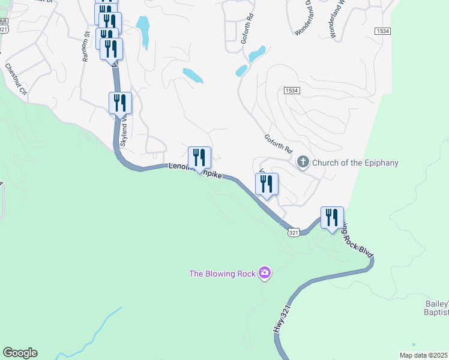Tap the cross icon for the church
[303, 162]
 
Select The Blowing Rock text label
[222, 274]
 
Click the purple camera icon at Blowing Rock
[264, 274]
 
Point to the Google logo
[20, 353]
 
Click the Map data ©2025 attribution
[424, 355]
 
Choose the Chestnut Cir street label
[17, 79]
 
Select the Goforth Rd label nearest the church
[278, 143]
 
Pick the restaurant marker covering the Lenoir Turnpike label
[199, 158]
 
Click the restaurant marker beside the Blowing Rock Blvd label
[332, 218]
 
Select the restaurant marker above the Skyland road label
[120, 103]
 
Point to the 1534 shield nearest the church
[292, 89]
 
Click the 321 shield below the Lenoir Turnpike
[293, 232]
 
